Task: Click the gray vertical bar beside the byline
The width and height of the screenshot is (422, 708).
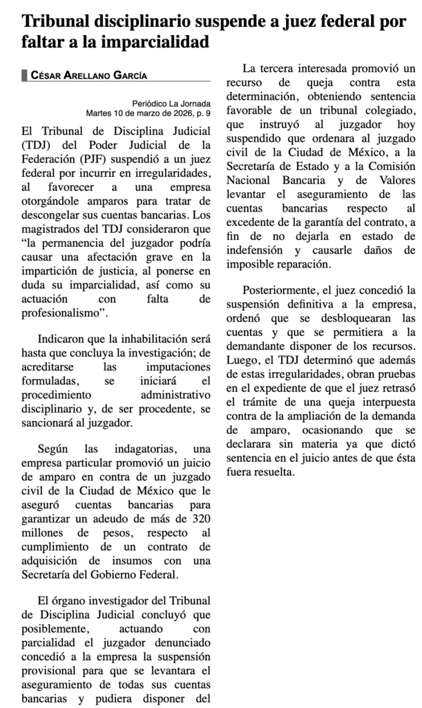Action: [x=25, y=75]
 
